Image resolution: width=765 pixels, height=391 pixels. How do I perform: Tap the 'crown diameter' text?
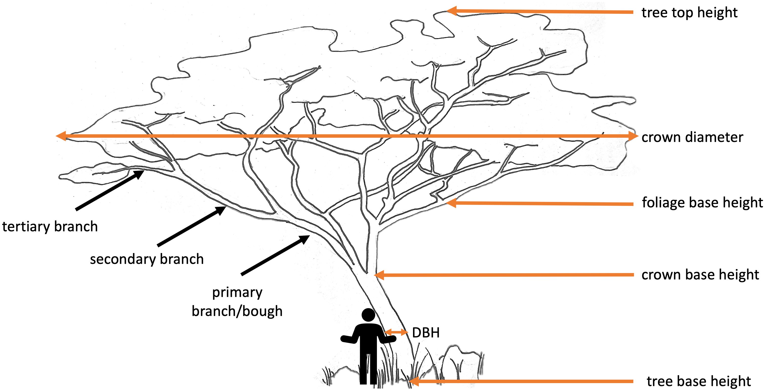(x=692, y=137)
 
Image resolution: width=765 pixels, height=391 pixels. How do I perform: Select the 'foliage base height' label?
(x=702, y=203)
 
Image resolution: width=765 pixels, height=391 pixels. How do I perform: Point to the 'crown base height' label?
(x=700, y=275)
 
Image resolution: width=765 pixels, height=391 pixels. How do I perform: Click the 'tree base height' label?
(x=699, y=381)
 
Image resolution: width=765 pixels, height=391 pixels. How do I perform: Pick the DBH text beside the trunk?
(x=426, y=333)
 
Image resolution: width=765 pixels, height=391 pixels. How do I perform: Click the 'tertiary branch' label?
(x=50, y=227)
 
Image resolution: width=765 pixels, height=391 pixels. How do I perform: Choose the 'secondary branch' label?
(x=147, y=259)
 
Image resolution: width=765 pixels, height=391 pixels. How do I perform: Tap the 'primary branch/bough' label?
(x=237, y=302)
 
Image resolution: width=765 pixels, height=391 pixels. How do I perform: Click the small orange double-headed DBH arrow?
(x=396, y=332)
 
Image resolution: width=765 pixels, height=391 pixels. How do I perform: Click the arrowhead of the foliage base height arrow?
(x=451, y=203)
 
